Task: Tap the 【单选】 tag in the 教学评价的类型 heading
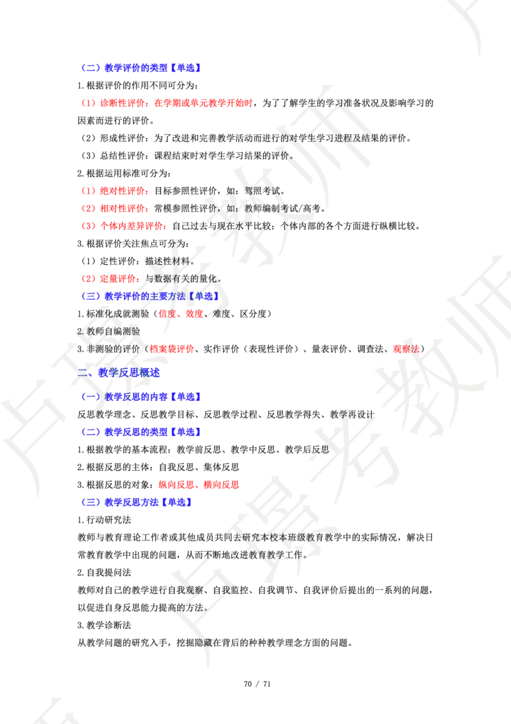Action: tap(188, 68)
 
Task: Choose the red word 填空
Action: tap(194, 314)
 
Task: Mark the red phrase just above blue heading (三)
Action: tap(199, 485)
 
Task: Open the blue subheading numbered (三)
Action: tap(137, 503)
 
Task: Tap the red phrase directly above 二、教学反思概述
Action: tap(172, 349)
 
